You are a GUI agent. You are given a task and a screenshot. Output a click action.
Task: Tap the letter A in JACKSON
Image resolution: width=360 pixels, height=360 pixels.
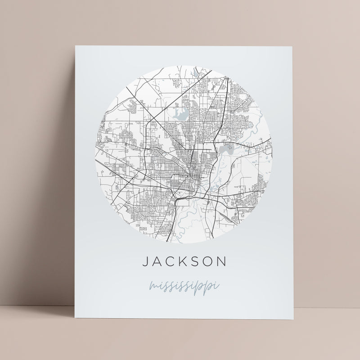[x=157, y=261]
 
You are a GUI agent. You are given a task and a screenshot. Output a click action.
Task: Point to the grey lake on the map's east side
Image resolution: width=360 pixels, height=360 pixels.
[x=225, y=149]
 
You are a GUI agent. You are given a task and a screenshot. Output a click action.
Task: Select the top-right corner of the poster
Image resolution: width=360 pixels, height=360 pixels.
[x=292, y=46]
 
